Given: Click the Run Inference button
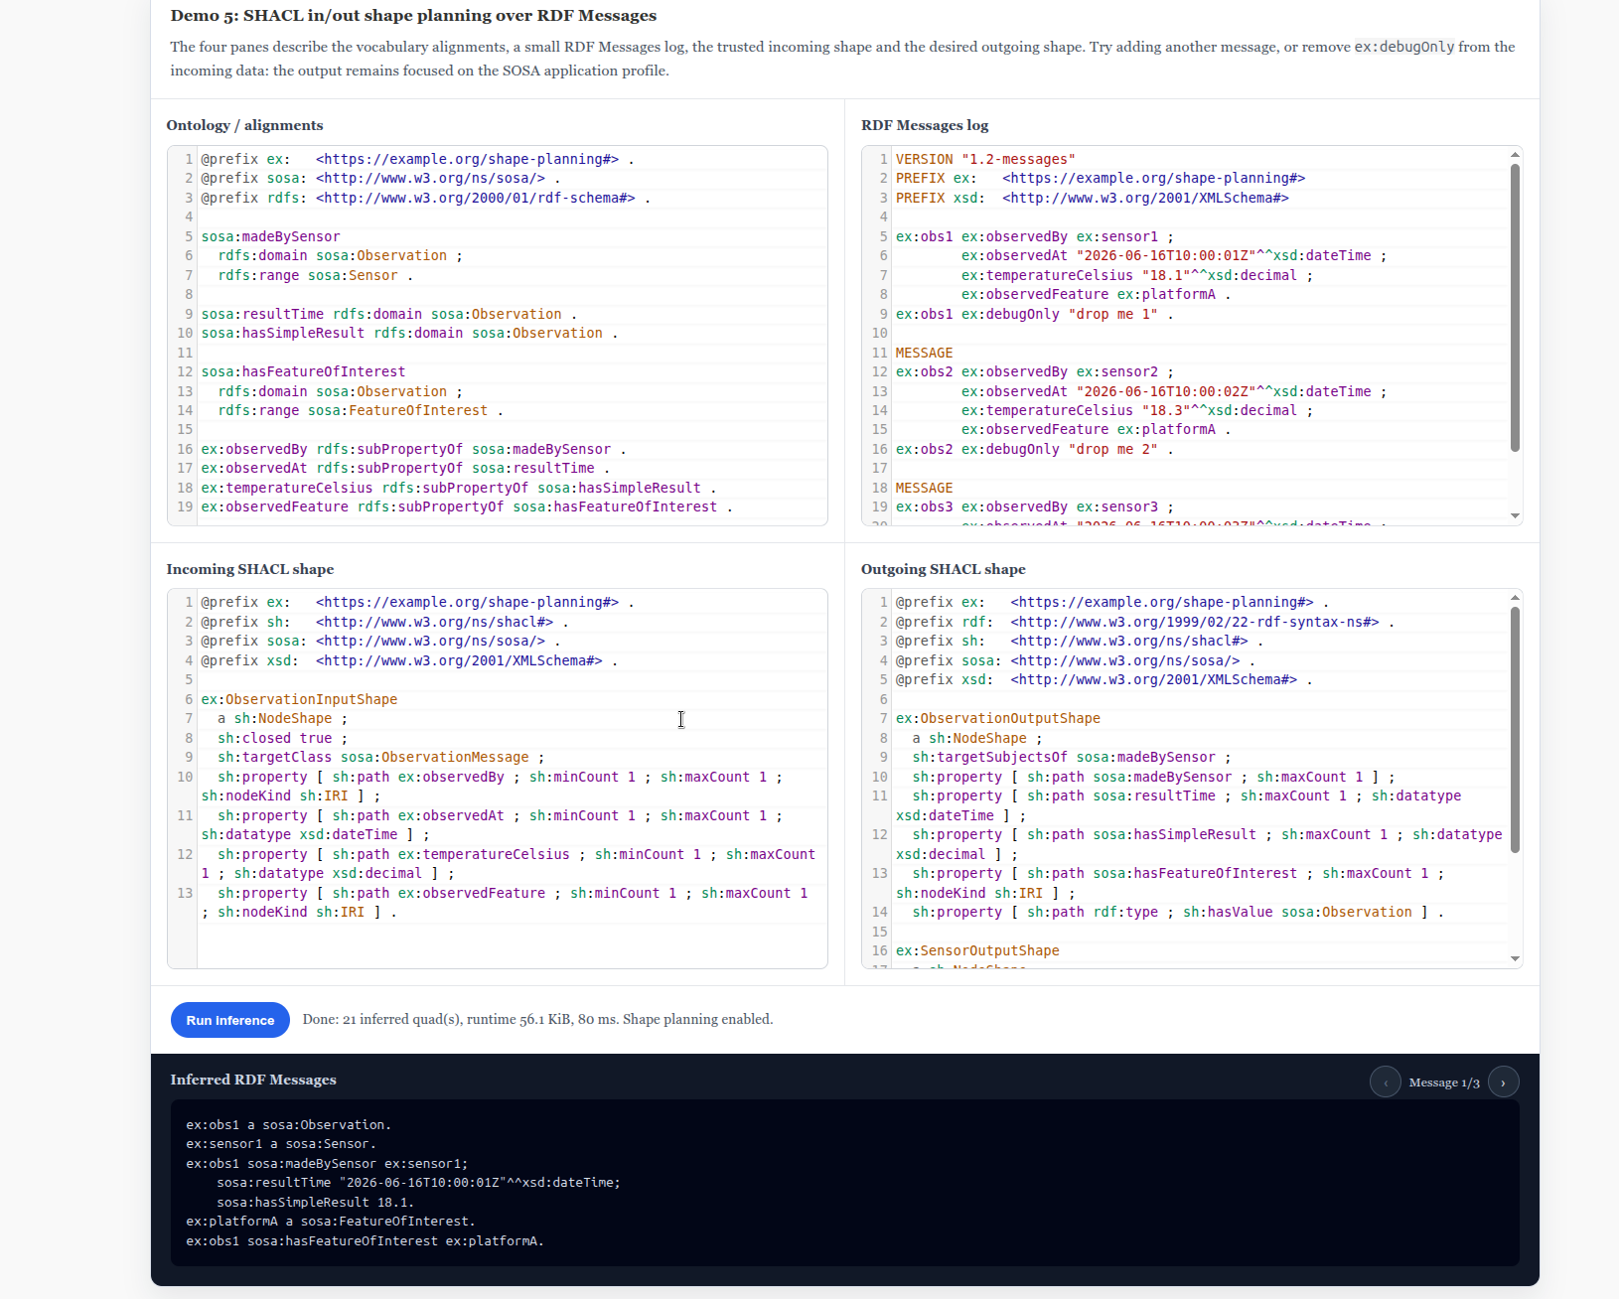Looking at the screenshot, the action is pyautogui.click(x=229, y=1019).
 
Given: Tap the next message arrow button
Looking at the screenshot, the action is pyautogui.click(x=1503, y=1082).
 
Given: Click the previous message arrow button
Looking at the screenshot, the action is pyautogui.click(x=1385, y=1082).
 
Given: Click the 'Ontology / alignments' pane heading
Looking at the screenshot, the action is pyautogui.click(x=244, y=125).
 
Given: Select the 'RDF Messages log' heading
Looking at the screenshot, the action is pyautogui.click(x=925, y=125).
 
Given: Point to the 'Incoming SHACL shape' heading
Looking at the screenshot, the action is pyautogui.click(x=249, y=569).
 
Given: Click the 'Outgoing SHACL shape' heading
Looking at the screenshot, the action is pyautogui.click(x=943, y=569).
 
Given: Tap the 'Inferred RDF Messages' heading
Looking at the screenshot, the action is pyautogui.click(x=252, y=1080).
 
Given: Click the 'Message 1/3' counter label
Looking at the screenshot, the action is pyautogui.click(x=1444, y=1082).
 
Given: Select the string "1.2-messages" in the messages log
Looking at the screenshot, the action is pyautogui.click(x=1019, y=160).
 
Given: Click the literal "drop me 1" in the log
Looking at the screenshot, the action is pyautogui.click(x=1112, y=314).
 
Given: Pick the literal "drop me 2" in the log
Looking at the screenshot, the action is pyautogui.click(x=1112, y=449).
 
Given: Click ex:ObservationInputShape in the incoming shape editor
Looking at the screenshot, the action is pyautogui.click(x=299, y=699).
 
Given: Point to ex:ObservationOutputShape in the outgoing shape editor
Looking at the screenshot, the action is pyautogui.click(x=997, y=718).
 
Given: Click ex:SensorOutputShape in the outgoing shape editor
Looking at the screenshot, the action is pyautogui.click(x=977, y=950).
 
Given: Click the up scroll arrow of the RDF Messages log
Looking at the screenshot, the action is pyautogui.click(x=1515, y=155).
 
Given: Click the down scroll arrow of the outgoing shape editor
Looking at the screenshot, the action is pyautogui.click(x=1515, y=958).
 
